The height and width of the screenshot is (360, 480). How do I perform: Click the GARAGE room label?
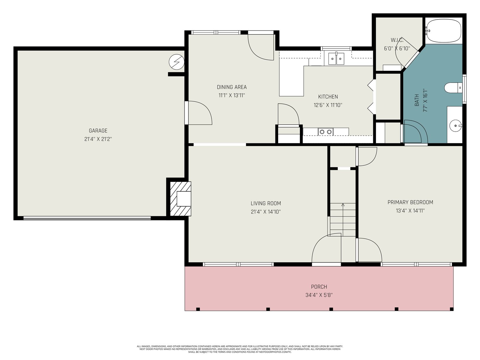[98, 131]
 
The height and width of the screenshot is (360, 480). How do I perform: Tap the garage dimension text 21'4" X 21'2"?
[98, 139]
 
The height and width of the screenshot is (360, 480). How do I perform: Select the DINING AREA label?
[232, 87]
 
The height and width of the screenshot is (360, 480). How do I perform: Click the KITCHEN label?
[328, 97]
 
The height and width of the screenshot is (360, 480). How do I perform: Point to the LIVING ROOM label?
[266, 203]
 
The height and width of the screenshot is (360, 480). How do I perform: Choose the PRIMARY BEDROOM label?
[410, 202]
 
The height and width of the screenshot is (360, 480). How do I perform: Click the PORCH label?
[319, 287]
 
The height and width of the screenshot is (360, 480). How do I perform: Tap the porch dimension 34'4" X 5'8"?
[319, 295]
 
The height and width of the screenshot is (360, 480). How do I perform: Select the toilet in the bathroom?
[453, 88]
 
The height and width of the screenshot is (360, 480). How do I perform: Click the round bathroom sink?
[456, 126]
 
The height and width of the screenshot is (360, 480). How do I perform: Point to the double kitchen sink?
[336, 58]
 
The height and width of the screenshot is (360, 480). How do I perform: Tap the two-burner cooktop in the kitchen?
[325, 132]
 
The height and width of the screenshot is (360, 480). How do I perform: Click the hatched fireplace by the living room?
[181, 199]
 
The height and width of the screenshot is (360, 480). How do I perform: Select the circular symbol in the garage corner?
[176, 62]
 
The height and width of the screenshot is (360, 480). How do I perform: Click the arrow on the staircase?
[343, 220]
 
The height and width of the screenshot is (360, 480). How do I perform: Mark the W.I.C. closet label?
[397, 40]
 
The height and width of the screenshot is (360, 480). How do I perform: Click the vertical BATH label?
[417, 100]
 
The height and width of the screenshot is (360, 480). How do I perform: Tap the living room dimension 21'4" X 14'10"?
[266, 212]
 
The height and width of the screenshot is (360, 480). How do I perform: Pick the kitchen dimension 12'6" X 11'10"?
[328, 105]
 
